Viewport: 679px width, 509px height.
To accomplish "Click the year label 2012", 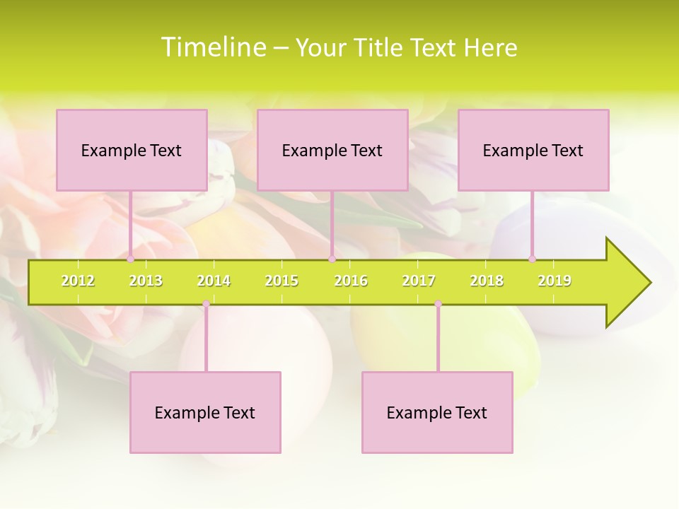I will pos(78,281).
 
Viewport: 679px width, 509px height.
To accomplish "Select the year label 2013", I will pos(146,281).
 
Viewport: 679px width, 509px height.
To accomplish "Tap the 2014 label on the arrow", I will pos(214,281).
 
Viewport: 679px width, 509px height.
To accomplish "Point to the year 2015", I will pos(282,281).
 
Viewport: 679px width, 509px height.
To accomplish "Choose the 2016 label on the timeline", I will pos(351,281).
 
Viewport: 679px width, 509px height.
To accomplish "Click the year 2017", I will pos(419,281).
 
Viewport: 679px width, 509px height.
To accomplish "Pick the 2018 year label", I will pos(487,281).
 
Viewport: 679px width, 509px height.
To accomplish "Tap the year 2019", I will pos(555,281).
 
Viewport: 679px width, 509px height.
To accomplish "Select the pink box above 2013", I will pos(132,150).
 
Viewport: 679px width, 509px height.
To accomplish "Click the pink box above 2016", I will pos(332,150).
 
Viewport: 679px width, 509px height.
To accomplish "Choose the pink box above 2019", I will pos(533,150).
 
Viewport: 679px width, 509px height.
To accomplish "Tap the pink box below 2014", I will pos(205,412).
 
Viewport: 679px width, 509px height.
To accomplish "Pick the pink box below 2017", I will pos(437,412).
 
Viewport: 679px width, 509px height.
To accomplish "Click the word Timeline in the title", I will pos(212,47).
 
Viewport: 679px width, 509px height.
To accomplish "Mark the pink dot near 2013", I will pos(130,259).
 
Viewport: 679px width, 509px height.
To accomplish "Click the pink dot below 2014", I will pos(206,304).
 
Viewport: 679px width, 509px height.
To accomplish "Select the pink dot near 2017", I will pos(438,304).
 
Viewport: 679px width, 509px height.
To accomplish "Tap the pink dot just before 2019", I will pos(532,259).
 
